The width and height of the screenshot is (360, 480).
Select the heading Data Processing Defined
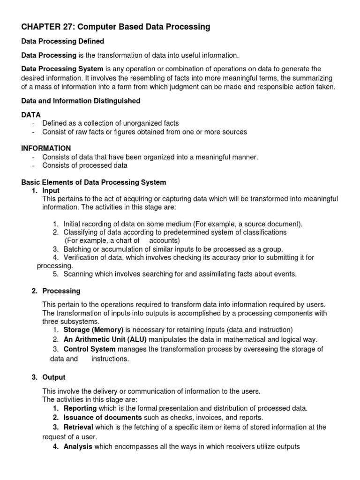click(x=63, y=42)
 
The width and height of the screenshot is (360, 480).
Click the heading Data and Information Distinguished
click(x=81, y=101)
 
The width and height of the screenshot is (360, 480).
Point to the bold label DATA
click(x=31, y=114)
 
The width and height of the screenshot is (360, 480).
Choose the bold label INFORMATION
click(x=46, y=148)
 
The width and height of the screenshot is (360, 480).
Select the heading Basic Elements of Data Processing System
click(x=94, y=182)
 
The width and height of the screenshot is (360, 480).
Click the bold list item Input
click(x=51, y=191)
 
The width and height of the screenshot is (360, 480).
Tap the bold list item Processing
click(x=61, y=291)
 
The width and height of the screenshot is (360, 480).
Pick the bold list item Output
click(x=54, y=377)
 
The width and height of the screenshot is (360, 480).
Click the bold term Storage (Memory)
click(x=93, y=330)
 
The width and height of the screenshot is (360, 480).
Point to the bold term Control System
click(x=90, y=349)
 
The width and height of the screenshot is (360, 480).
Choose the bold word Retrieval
click(x=78, y=427)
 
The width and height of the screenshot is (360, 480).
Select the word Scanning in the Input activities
click(x=78, y=274)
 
